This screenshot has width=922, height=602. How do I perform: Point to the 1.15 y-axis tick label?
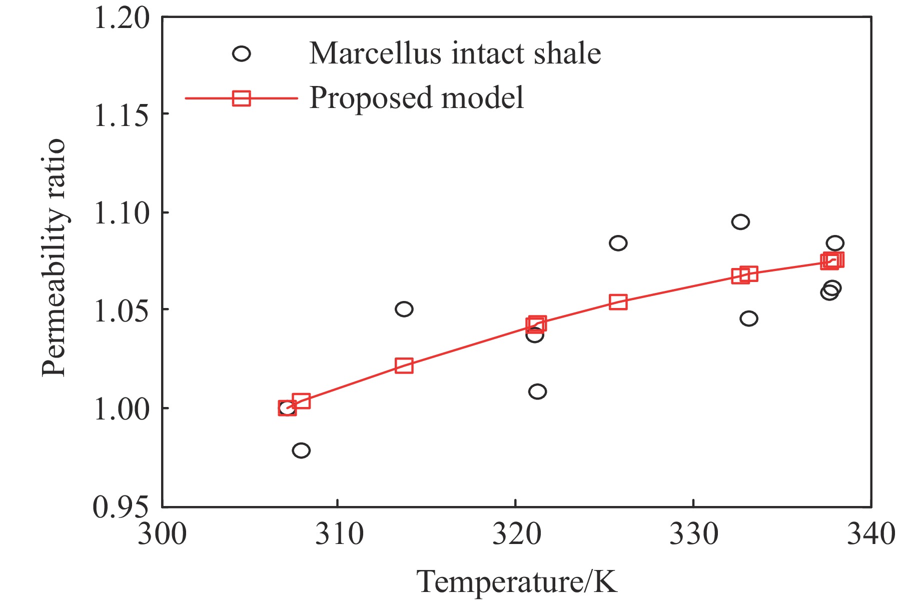click(122, 115)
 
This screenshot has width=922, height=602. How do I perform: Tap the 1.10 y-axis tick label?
click(122, 213)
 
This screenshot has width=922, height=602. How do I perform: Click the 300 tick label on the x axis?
click(162, 534)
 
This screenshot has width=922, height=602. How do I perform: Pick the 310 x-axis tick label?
click(339, 534)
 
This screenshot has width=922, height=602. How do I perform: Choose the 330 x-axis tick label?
click(693, 534)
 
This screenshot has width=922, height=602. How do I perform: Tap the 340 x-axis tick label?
click(870, 534)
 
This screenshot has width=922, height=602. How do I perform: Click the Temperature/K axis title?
click(517, 582)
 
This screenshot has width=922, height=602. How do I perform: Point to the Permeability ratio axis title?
click(53, 258)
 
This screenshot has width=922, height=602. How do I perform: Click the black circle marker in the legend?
click(242, 53)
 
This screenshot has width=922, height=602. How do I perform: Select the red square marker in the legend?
click(242, 98)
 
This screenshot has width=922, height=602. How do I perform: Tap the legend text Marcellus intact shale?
click(455, 53)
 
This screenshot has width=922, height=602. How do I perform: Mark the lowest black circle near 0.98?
click(301, 450)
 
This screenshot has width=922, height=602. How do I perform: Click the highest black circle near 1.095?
click(740, 221)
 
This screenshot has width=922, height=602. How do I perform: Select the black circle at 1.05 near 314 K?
click(404, 309)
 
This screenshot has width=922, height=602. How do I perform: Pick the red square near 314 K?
click(404, 365)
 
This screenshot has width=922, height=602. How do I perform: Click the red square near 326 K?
click(618, 302)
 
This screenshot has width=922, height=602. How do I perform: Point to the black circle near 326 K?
click(618, 243)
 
